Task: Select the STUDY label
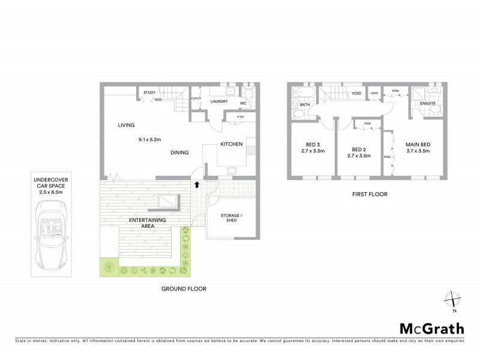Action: pos(149,92)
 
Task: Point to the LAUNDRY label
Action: pos(218,101)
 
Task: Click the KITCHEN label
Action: pos(231,145)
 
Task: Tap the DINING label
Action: pos(179,153)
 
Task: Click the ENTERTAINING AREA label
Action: pos(148,224)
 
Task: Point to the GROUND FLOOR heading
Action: pos(184,289)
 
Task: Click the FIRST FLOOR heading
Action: pos(368,194)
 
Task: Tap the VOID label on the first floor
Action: pos(356,94)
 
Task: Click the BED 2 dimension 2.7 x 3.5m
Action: pos(359,155)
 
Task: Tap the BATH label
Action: pos(305,105)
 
